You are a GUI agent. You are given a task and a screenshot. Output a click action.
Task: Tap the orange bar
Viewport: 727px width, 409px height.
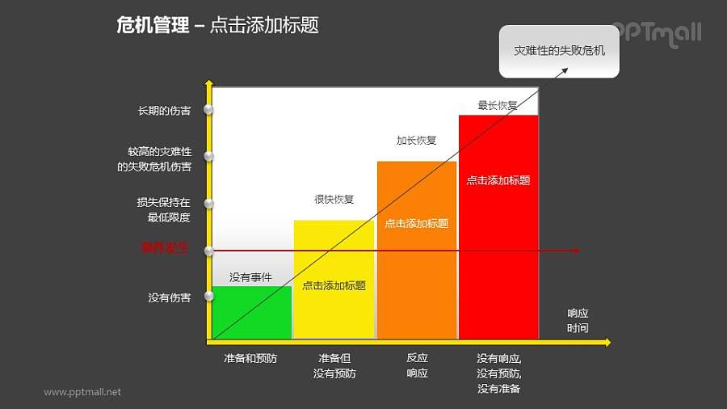[416, 275]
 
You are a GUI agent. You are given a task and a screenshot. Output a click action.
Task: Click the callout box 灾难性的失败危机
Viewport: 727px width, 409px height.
[559, 51]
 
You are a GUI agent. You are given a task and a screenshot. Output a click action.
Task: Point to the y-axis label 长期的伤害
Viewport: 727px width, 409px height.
[164, 111]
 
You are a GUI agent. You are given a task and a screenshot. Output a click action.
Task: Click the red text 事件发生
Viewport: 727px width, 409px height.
[165, 248]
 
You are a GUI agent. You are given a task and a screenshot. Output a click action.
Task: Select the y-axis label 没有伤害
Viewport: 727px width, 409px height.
[170, 297]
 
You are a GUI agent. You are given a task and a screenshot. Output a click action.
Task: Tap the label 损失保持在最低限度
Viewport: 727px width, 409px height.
[163, 210]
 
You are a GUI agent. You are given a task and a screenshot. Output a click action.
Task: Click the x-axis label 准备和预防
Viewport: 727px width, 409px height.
[250, 358]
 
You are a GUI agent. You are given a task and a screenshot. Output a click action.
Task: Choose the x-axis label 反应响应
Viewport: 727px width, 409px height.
[417, 365]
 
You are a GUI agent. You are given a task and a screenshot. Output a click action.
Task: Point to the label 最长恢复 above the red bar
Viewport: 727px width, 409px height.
[498, 105]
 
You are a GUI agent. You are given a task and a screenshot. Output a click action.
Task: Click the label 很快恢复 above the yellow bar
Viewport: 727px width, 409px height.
[334, 200]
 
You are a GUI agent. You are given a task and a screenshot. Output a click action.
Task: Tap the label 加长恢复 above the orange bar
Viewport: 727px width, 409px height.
[416, 140]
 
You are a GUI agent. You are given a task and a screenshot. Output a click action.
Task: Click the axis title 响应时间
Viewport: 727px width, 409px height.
[578, 321]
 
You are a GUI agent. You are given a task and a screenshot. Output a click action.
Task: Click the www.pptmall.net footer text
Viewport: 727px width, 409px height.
[82, 392]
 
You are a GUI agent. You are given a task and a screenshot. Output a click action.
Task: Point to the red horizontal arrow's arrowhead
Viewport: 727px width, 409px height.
[576, 251]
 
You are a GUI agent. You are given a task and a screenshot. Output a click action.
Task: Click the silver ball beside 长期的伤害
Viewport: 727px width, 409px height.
[208, 109]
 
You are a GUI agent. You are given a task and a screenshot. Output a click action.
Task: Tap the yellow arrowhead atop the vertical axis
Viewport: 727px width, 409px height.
[209, 82]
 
